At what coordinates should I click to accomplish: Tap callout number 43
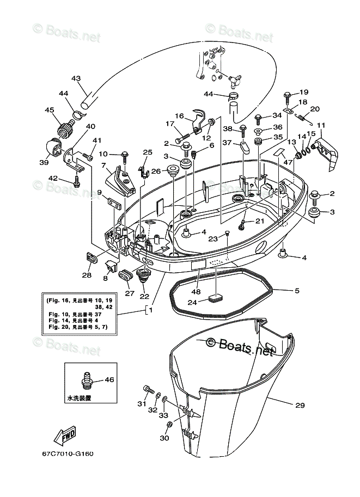pyautogui.click(x=76, y=78)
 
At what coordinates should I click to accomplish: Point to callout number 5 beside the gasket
pyautogui.click(x=297, y=291)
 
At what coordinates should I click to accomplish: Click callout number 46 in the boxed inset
pyautogui.click(x=109, y=379)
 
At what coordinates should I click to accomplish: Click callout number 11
pyautogui.click(x=320, y=125)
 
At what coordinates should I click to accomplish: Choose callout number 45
pyautogui.click(x=50, y=110)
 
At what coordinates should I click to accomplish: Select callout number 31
pyautogui.click(x=142, y=403)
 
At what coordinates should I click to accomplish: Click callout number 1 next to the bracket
pyautogui.click(x=150, y=310)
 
